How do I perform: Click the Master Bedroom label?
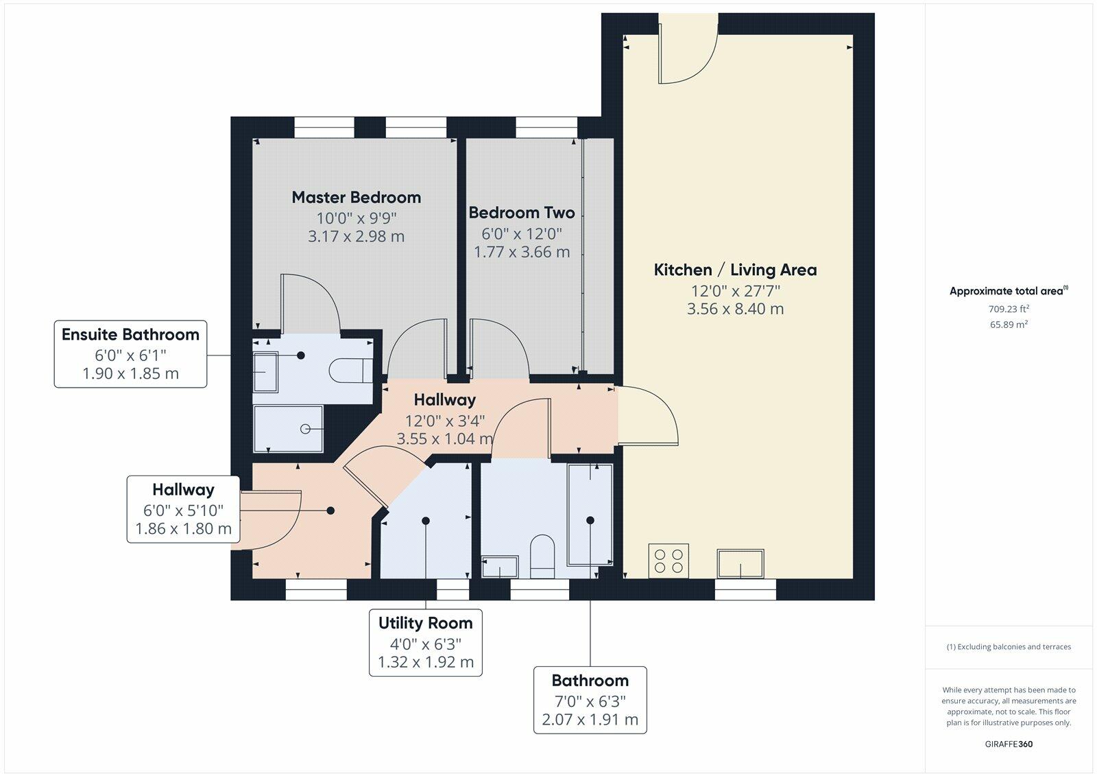point(356,198)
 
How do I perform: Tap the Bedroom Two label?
point(522,213)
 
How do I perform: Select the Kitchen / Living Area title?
point(735,270)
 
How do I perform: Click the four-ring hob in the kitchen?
point(668,561)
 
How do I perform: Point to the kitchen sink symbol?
point(740,564)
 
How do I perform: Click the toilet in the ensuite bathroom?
point(350,370)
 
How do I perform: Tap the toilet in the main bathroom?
point(542,556)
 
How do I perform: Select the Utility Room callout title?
point(426,623)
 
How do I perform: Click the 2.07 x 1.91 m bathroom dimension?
point(590,720)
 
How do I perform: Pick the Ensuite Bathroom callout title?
point(130,335)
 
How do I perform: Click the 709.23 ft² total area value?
point(1009,309)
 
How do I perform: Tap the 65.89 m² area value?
point(1009,325)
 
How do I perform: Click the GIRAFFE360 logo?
point(1009,744)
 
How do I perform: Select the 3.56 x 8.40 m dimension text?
point(735,309)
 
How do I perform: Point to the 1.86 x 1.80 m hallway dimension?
point(183,529)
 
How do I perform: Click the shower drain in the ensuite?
point(305,430)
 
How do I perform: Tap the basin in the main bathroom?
point(500,567)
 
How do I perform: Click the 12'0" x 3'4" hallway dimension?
point(445,421)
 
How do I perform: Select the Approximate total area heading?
point(1009,291)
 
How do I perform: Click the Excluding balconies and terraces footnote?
point(1009,647)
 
